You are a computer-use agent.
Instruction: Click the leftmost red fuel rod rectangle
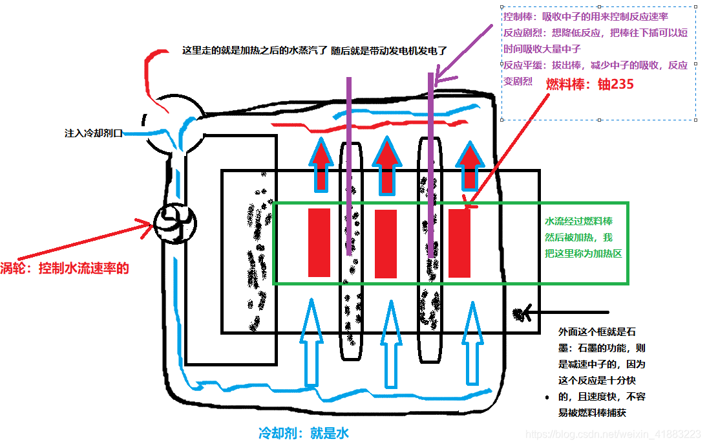point(319,243)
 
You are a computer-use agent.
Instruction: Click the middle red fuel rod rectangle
point(386,244)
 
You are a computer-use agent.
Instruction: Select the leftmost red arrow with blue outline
point(318,165)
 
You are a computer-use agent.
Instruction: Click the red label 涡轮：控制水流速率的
point(65,268)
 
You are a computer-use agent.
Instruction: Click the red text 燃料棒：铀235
point(589,84)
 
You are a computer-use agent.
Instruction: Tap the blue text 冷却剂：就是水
point(303,432)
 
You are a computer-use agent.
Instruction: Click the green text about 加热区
point(583,237)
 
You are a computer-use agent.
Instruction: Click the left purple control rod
point(349,162)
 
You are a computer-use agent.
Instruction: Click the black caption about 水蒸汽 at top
point(315,50)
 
